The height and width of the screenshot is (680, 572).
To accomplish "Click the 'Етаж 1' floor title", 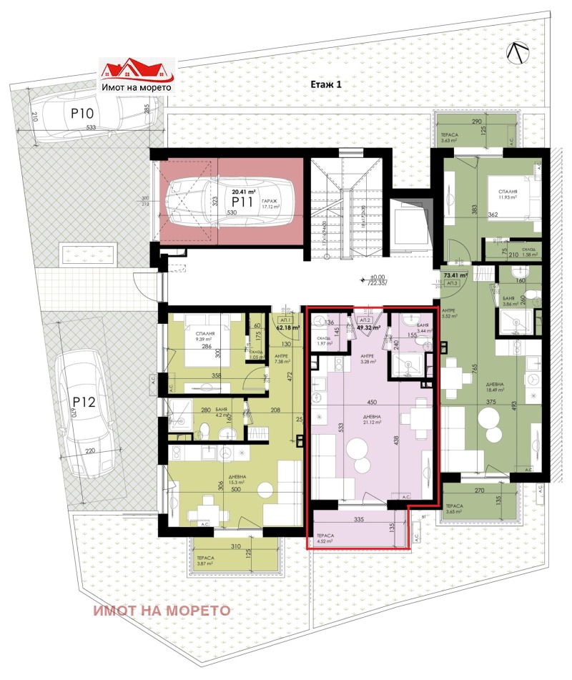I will click(327, 84).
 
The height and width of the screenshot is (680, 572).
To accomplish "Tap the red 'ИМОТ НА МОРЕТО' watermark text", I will click(160, 611).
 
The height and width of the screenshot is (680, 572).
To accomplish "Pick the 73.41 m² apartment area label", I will click(455, 275).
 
